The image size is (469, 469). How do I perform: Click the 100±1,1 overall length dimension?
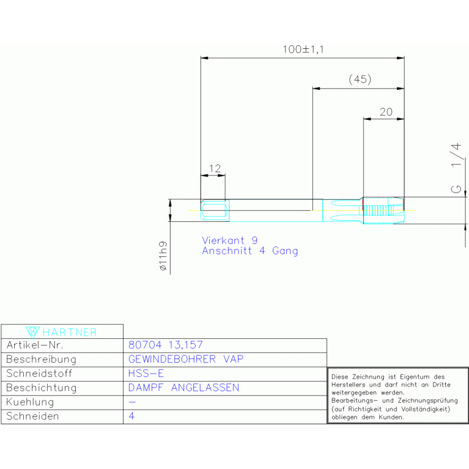click(x=303, y=50)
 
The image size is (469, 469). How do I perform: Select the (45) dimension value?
click(x=360, y=79)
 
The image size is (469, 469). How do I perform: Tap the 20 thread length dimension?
click(x=386, y=112)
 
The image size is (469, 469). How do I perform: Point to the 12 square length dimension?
click(x=214, y=168)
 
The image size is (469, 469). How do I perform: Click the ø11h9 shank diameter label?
click(x=163, y=257)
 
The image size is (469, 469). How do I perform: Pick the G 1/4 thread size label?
click(x=456, y=169)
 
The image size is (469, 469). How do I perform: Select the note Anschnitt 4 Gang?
click(x=250, y=251)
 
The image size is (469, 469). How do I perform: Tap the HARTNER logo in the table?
click(x=62, y=332)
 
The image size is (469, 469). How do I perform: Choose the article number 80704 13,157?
click(x=165, y=345)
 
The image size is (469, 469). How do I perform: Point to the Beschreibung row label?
click(x=41, y=359)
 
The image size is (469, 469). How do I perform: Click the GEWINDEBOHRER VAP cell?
click(x=186, y=359)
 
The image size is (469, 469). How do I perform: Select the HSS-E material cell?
click(x=146, y=373)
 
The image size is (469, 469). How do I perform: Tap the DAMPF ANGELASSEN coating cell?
click(x=183, y=388)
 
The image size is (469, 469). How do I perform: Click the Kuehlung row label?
click(x=30, y=402)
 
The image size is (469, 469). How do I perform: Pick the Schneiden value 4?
click(x=131, y=416)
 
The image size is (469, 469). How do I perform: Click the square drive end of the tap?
click(x=214, y=211)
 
